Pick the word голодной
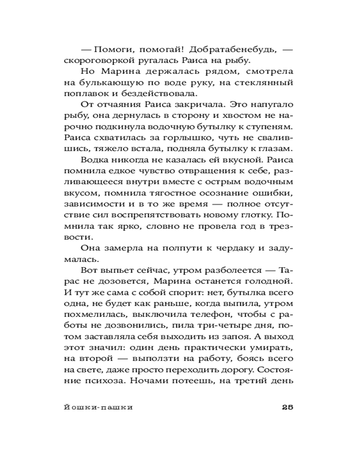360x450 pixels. (267, 281)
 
